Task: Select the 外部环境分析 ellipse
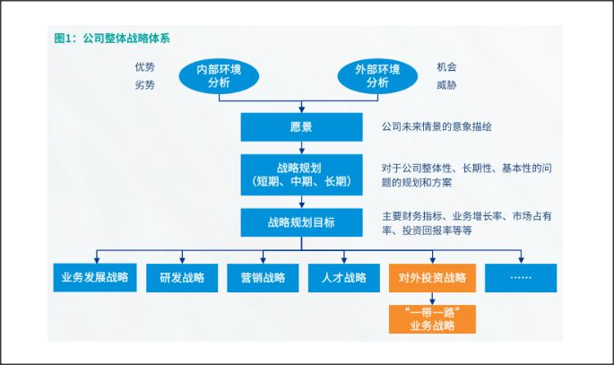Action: pos(377,75)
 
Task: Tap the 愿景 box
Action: pos(301,127)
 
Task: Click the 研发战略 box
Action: pos(182,277)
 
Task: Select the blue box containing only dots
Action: pos(521,277)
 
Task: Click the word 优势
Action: pos(144,67)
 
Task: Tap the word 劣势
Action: pos(144,85)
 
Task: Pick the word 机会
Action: pos(446,67)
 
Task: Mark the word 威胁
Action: pos(446,85)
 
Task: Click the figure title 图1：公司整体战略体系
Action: pos(111,39)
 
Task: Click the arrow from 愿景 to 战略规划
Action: pos(301,148)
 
